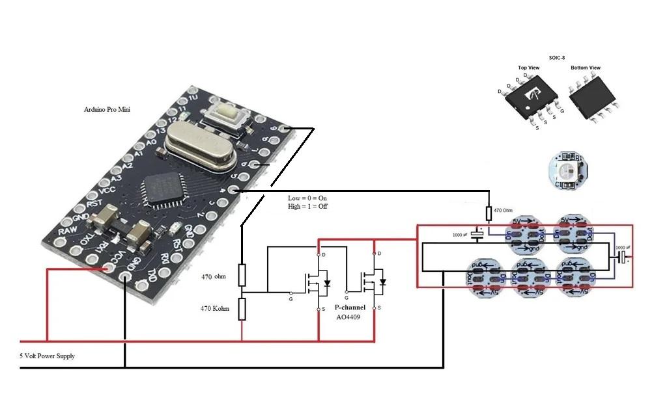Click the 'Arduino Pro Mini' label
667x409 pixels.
[x=107, y=110]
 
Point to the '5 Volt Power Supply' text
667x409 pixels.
[x=47, y=356]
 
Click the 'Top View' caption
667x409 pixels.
[x=528, y=68]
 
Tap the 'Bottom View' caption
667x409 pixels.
[x=586, y=68]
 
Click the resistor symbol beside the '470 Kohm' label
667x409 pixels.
[x=242, y=309]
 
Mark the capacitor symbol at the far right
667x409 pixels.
[x=623, y=258]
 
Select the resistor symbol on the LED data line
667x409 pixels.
[x=489, y=214]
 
